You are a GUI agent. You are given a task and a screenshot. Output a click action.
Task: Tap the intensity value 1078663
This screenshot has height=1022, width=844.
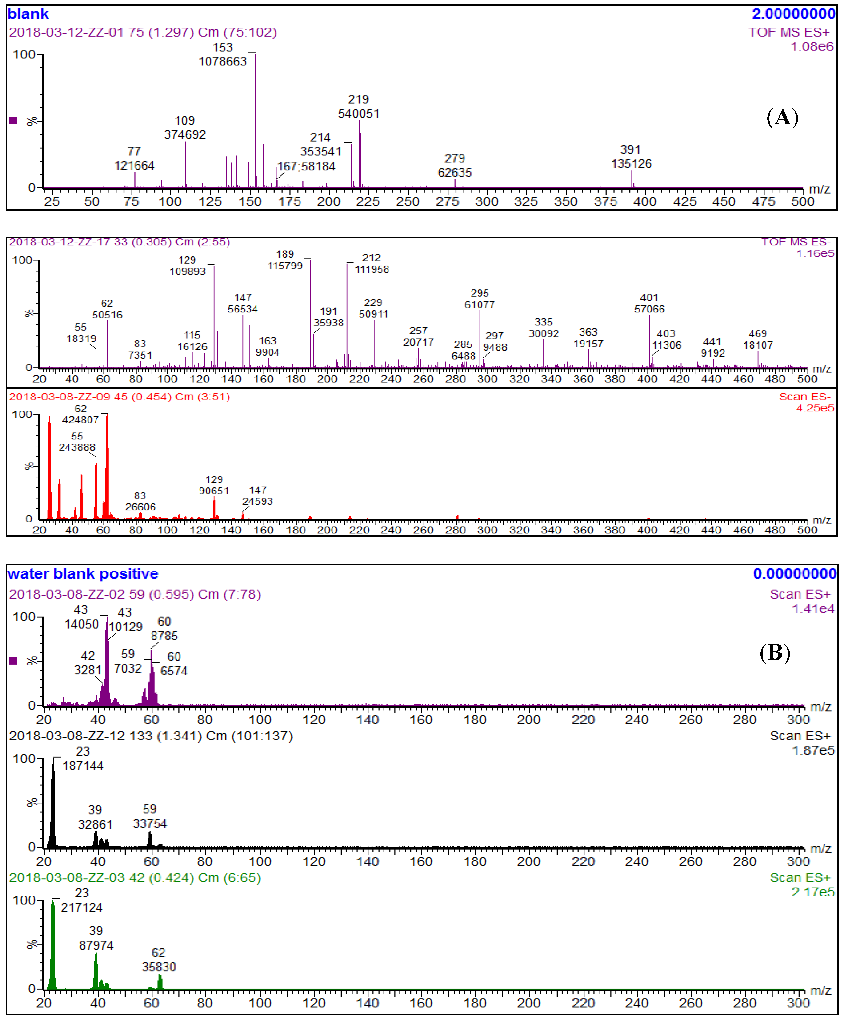pos(223,61)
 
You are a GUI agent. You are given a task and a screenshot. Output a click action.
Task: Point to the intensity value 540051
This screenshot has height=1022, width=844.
pos(359,113)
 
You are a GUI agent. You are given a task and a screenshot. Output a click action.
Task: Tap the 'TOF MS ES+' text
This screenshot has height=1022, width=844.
pos(788,32)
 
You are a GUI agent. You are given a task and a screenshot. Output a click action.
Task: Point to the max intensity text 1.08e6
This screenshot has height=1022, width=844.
pos(812,46)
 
